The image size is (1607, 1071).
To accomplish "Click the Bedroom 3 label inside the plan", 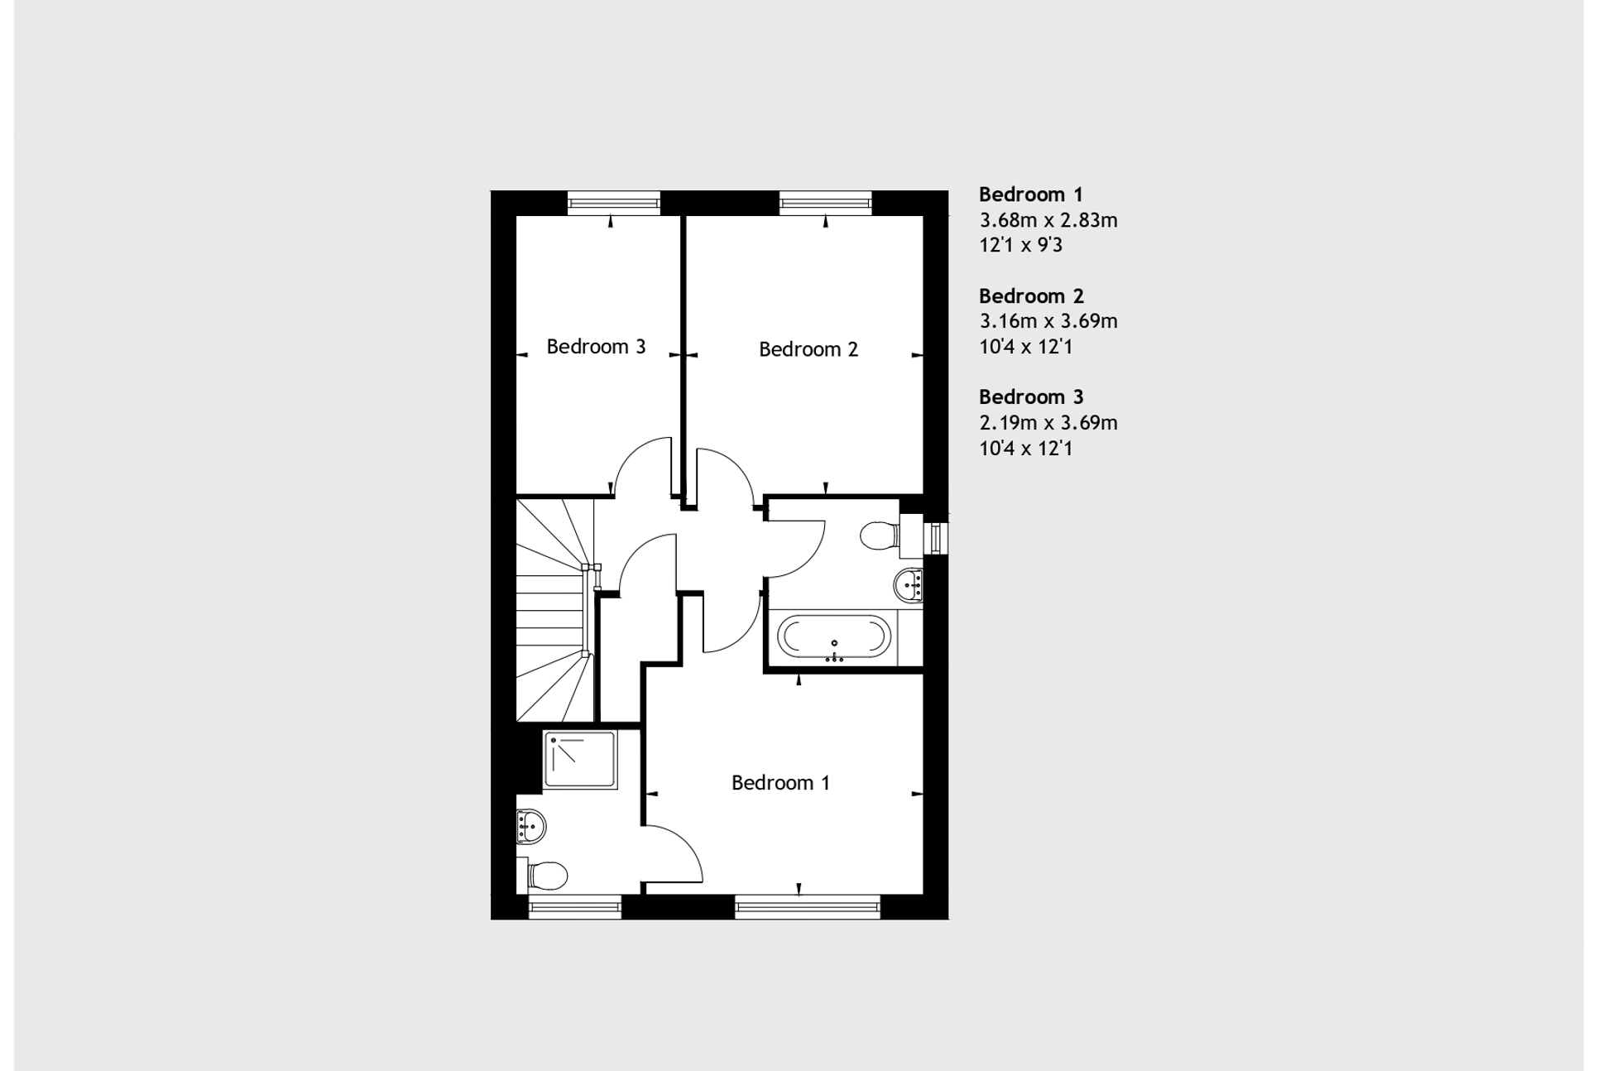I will (x=596, y=347).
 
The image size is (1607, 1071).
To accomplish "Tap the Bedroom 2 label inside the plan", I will (x=808, y=349).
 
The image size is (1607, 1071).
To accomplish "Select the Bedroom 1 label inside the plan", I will (x=780, y=782).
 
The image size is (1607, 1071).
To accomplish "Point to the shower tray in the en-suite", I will (x=580, y=759).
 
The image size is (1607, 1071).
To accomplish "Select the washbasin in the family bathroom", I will (x=909, y=585).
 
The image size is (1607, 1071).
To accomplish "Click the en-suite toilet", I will (x=545, y=874).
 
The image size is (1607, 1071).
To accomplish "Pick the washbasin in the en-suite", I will (x=530, y=825).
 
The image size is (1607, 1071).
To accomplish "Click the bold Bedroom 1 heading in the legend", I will (x=1030, y=195).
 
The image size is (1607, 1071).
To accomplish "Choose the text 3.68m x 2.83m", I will (x=1048, y=220).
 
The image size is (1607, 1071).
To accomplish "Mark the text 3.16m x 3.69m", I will (x=1048, y=321).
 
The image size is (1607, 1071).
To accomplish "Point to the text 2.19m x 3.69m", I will (x=1048, y=423).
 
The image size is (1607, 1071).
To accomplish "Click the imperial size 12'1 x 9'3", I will (x=1020, y=245).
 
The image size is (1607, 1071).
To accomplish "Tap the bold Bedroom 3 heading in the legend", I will (x=1030, y=397).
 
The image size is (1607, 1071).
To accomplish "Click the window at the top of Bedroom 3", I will (x=613, y=202).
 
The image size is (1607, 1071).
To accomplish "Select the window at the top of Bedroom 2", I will (x=825, y=202).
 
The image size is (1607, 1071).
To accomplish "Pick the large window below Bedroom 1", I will (x=807, y=908).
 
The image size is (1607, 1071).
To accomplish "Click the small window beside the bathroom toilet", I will (x=937, y=538).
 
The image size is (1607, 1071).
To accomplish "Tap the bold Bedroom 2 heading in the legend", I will (x=1030, y=296).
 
